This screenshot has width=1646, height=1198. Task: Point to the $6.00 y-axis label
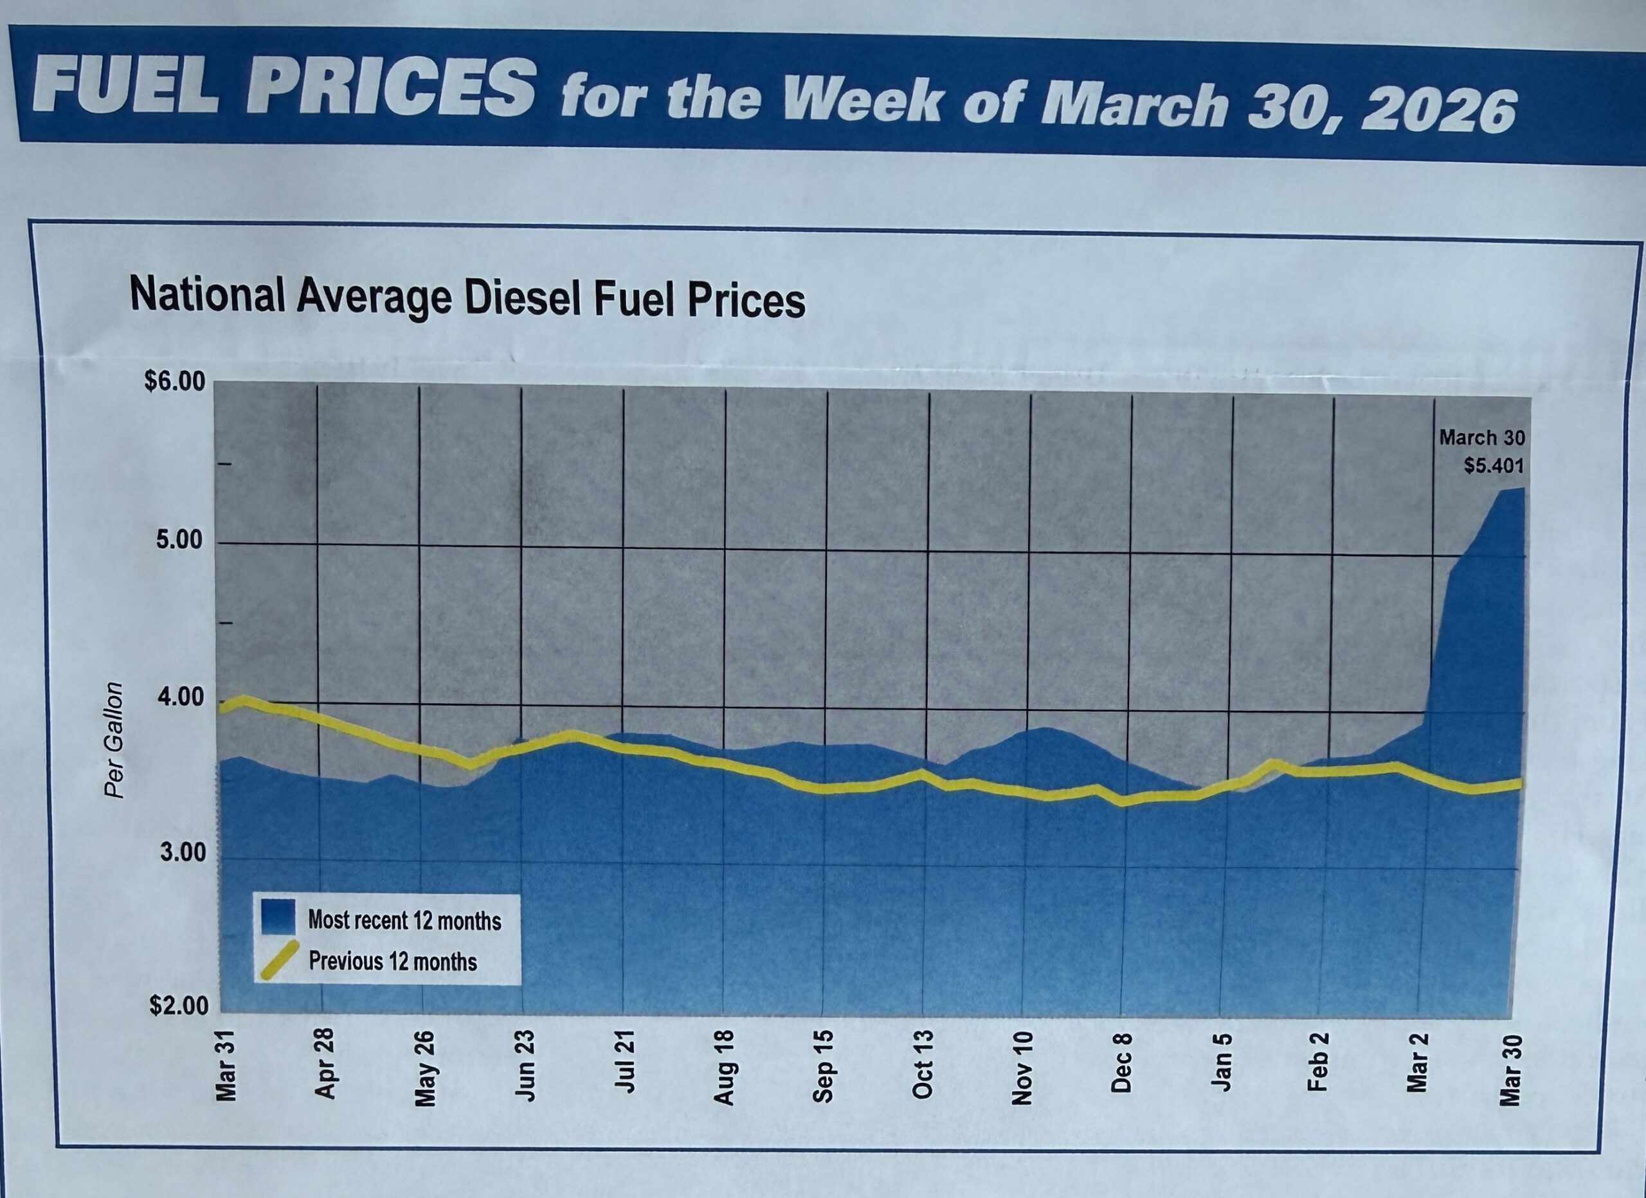coord(175,382)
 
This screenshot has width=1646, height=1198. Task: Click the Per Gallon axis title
coord(113,740)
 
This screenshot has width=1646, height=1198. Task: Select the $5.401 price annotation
coord(1494,465)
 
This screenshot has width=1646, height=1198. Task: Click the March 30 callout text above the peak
coord(1482,438)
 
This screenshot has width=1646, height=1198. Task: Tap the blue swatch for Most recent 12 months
coord(278,918)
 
